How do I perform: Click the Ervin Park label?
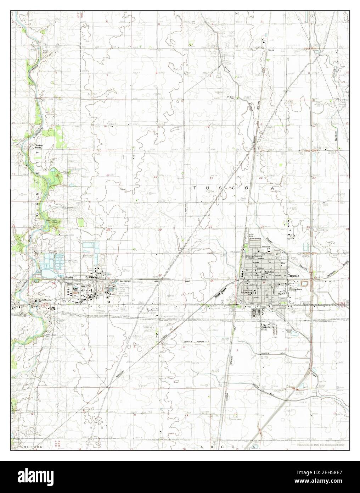(x=251, y=236)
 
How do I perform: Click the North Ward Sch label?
(x=270, y=273)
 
